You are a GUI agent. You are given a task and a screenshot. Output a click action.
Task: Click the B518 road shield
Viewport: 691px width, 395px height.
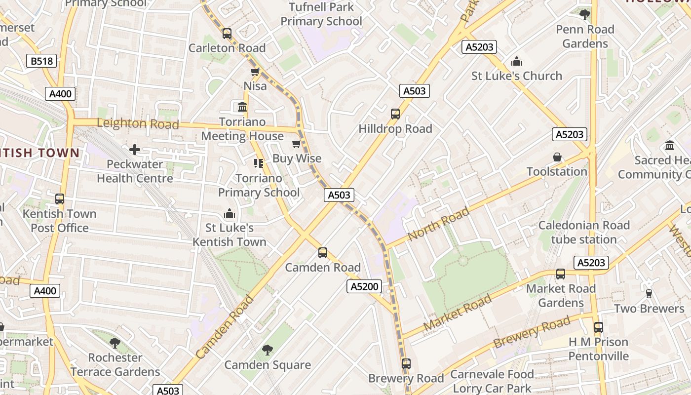pyautogui.click(x=41, y=61)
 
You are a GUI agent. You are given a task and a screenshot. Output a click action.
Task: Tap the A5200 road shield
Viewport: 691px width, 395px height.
pyautogui.click(x=364, y=286)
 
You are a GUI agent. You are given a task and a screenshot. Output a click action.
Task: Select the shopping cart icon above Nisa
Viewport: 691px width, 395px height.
pyautogui.click(x=255, y=72)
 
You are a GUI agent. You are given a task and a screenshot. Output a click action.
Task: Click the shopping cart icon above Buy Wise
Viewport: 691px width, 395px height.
pyautogui.click(x=296, y=144)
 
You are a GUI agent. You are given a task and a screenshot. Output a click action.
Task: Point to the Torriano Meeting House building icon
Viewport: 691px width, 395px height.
pyautogui.click(x=242, y=107)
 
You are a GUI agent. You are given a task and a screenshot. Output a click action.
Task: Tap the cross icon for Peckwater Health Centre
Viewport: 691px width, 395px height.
pyautogui.click(x=134, y=150)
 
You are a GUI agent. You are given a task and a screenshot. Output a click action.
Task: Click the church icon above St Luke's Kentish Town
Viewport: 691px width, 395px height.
pyautogui.click(x=229, y=213)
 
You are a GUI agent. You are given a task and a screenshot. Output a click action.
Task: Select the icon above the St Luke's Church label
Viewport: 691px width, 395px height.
pyautogui.click(x=517, y=61)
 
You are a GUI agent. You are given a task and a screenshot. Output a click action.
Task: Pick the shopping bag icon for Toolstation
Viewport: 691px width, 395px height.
pyautogui.click(x=557, y=157)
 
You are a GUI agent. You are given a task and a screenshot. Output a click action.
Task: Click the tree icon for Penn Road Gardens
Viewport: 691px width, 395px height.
pyautogui.click(x=585, y=15)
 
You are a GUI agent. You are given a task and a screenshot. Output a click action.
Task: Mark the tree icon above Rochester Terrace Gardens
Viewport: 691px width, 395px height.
pyautogui.click(x=115, y=343)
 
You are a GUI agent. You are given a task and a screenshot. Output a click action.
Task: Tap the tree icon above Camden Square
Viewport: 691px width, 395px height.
pyautogui.click(x=267, y=350)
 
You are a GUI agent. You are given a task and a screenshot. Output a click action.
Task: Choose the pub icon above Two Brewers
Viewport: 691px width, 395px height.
pyautogui.click(x=649, y=294)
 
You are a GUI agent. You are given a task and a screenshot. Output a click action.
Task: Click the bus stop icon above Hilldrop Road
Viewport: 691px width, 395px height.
pyautogui.click(x=395, y=114)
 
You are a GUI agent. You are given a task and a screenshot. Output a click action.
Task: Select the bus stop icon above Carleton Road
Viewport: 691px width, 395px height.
pyautogui.click(x=227, y=34)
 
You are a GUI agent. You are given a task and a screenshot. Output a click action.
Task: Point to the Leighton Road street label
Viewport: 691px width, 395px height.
pyautogui.click(x=138, y=123)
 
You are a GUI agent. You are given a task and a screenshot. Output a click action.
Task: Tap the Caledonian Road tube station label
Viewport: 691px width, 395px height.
pyautogui.click(x=584, y=232)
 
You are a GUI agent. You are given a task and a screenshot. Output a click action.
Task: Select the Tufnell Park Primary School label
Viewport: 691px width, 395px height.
pyautogui.click(x=321, y=14)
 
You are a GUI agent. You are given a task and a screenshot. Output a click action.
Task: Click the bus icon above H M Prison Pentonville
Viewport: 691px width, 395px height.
pyautogui.click(x=598, y=327)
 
